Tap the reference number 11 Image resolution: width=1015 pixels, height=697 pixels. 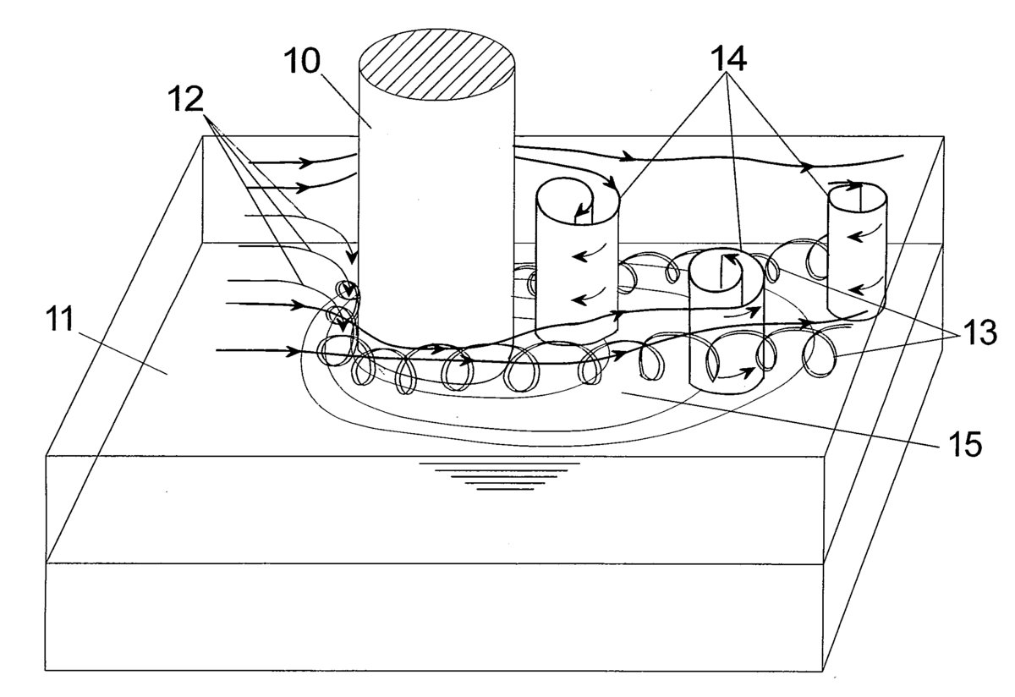pyautogui.click(x=60, y=318)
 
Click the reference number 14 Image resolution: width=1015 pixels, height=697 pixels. pyautogui.click(x=728, y=59)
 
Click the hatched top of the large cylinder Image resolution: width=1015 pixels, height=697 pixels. pyautogui.click(x=436, y=64)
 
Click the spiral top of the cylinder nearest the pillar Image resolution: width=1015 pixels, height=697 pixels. pyautogui.click(x=577, y=200)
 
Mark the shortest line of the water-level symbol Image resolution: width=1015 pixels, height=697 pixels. pyautogui.click(x=505, y=490)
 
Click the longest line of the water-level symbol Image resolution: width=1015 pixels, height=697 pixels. pyautogui.click(x=499, y=464)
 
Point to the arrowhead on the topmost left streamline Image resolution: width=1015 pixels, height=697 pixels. pyautogui.click(x=307, y=162)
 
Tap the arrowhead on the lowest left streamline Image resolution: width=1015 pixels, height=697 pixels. pyautogui.click(x=293, y=351)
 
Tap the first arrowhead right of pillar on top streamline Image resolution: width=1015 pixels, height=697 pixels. pyautogui.click(x=626, y=157)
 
